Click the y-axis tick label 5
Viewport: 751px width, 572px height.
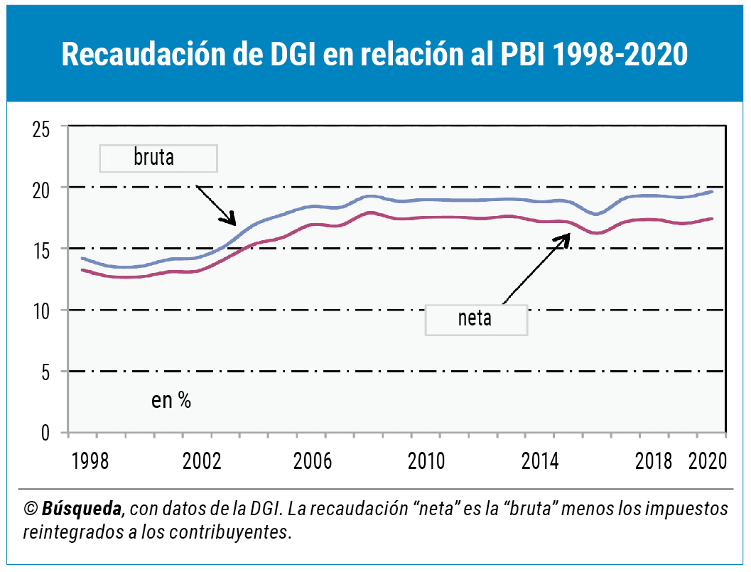click(x=45, y=373)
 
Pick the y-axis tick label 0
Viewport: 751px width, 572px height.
click(x=45, y=433)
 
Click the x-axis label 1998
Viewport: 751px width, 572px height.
click(x=91, y=460)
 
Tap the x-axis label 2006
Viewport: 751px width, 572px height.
click(x=313, y=460)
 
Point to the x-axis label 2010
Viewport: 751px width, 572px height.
click(x=426, y=460)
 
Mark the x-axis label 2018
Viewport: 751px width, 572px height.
click(x=653, y=460)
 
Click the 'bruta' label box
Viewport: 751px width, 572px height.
click(x=158, y=158)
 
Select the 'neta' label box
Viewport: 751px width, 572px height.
click(x=476, y=319)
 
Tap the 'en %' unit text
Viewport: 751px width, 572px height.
click(x=171, y=401)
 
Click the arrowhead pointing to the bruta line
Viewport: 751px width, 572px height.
click(x=232, y=220)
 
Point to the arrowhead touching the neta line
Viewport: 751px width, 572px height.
click(x=566, y=238)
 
